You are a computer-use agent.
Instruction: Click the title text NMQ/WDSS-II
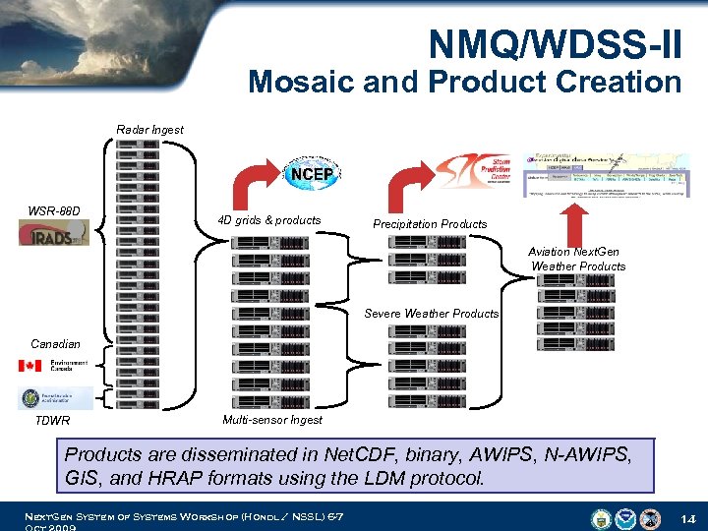point(555,42)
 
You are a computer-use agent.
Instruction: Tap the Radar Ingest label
point(149,130)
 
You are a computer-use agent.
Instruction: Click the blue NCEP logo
point(313,175)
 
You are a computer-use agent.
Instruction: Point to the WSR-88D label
point(54,211)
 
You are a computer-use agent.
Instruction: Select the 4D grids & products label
point(268,220)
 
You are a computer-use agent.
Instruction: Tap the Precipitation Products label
point(430,224)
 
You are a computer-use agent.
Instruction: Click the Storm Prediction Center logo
point(472,169)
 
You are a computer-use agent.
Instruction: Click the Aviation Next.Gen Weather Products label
point(578,260)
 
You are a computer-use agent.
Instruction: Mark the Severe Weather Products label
point(431,314)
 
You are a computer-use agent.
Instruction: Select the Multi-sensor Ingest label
point(272,420)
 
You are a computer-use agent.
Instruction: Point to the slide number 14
point(687,517)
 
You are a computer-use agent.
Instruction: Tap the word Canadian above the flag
point(55,344)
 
